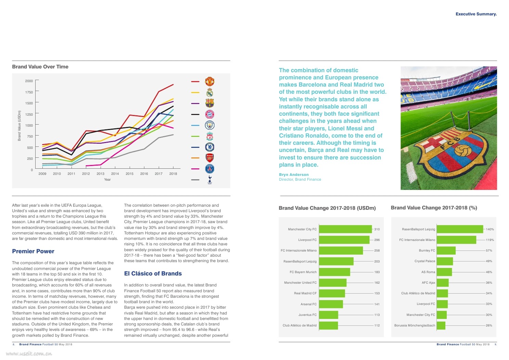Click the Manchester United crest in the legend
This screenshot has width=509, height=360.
tap(210, 81)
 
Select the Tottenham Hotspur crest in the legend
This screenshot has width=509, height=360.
tap(210, 180)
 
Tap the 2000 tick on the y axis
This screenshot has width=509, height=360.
tap(29, 81)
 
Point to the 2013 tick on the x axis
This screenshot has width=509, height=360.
tap(100, 174)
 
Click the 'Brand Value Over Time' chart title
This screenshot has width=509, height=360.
tap(40, 67)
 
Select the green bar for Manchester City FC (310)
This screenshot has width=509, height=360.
tap(345, 229)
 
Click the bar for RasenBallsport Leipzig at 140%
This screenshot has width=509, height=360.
tap(460, 229)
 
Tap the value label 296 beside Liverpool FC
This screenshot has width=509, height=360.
tap(377, 240)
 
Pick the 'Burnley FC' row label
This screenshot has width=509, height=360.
tap(427, 250)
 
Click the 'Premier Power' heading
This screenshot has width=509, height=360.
tap(33, 251)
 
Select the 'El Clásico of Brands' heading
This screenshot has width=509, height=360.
tap(153, 273)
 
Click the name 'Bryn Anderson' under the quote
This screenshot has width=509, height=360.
tap(294, 175)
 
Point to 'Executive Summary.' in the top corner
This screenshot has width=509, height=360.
tap(476, 14)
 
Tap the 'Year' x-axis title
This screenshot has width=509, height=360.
tap(107, 180)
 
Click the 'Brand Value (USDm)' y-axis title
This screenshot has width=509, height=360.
tap(19, 126)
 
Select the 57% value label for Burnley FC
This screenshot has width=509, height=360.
tap(489, 250)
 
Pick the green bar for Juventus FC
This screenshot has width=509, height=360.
tap(328, 315)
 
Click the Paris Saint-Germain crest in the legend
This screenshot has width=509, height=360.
tap(210, 169)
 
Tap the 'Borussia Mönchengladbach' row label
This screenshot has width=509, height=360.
tap(415, 325)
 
